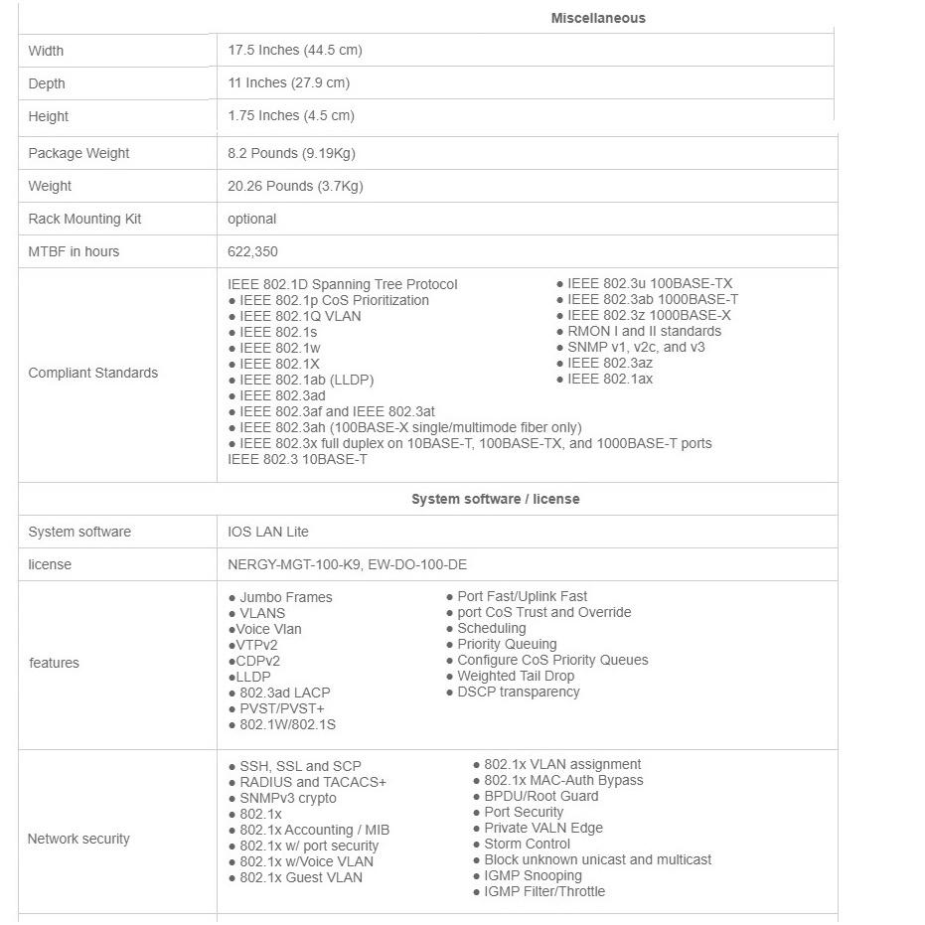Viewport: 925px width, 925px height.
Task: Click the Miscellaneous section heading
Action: (598, 18)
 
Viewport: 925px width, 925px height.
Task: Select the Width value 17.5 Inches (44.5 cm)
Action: (294, 50)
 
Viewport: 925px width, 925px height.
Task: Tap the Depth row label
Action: (47, 83)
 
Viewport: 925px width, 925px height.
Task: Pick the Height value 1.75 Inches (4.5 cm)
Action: (290, 115)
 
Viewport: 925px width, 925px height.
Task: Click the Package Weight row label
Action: (78, 153)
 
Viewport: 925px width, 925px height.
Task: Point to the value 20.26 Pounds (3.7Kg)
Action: (295, 186)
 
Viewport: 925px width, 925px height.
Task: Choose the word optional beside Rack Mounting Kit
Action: (251, 219)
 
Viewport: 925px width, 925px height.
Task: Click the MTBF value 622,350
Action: (252, 251)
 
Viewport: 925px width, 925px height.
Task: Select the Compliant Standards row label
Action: (92, 373)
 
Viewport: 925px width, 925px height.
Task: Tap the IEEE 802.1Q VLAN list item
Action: (300, 316)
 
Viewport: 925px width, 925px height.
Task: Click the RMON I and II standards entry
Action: (644, 331)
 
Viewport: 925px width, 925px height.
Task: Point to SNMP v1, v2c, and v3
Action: (636, 347)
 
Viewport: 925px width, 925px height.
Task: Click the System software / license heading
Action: (495, 499)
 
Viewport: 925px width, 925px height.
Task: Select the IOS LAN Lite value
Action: (267, 532)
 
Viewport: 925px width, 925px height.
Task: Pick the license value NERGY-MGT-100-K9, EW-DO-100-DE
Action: (347, 564)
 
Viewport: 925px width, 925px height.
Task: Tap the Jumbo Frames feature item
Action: (285, 597)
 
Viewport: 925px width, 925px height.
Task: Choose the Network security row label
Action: (78, 839)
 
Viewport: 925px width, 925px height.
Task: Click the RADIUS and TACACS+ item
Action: (312, 782)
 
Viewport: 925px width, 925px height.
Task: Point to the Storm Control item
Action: (527, 844)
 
